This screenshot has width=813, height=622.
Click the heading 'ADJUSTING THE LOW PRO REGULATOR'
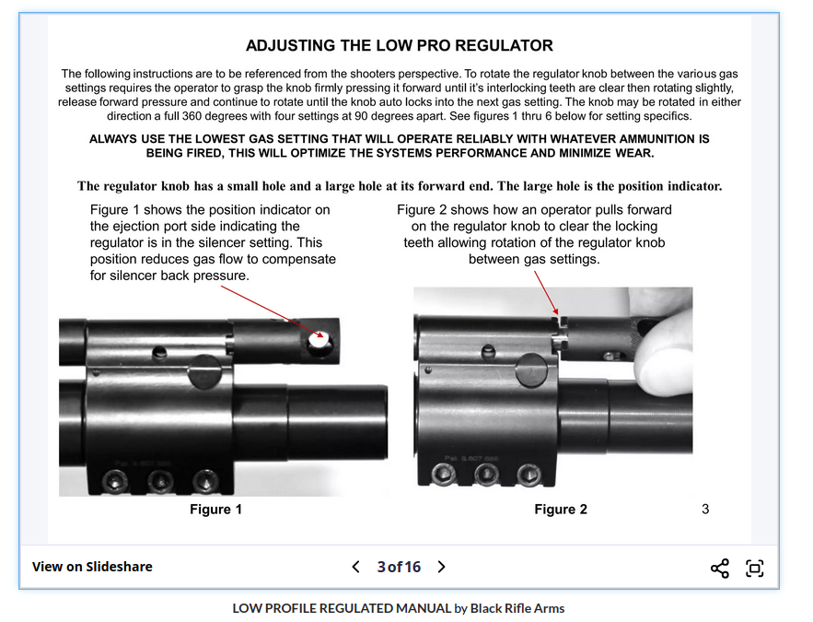[x=399, y=45]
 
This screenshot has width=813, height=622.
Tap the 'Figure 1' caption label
[x=216, y=510]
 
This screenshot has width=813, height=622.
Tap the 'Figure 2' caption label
[x=561, y=510]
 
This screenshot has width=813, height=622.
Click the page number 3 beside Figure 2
[x=705, y=509]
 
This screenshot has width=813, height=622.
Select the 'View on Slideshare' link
[x=92, y=567]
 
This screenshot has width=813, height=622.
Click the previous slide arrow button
[x=355, y=567]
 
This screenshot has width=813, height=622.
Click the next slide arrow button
[x=441, y=567]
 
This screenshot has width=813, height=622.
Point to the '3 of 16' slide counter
[x=399, y=567]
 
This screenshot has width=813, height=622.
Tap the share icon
[x=720, y=568]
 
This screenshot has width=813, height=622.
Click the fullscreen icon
[x=755, y=568]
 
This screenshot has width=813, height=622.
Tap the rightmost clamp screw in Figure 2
[x=528, y=474]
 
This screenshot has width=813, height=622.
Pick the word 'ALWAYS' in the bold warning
[x=116, y=139]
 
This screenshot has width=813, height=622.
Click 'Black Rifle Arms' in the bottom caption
[x=517, y=608]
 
